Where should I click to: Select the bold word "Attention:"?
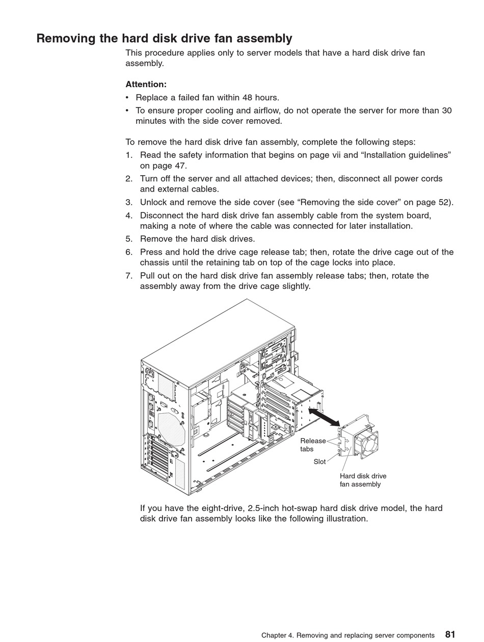(146, 85)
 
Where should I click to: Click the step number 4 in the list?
(129, 216)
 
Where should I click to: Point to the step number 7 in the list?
(129, 276)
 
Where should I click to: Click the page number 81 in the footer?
(450, 634)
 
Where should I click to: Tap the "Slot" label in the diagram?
(319, 462)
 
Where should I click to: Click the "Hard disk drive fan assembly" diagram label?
(363, 480)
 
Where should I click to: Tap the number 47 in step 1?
(181, 166)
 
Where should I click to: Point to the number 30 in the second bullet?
(446, 111)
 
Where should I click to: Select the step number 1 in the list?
(129, 155)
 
